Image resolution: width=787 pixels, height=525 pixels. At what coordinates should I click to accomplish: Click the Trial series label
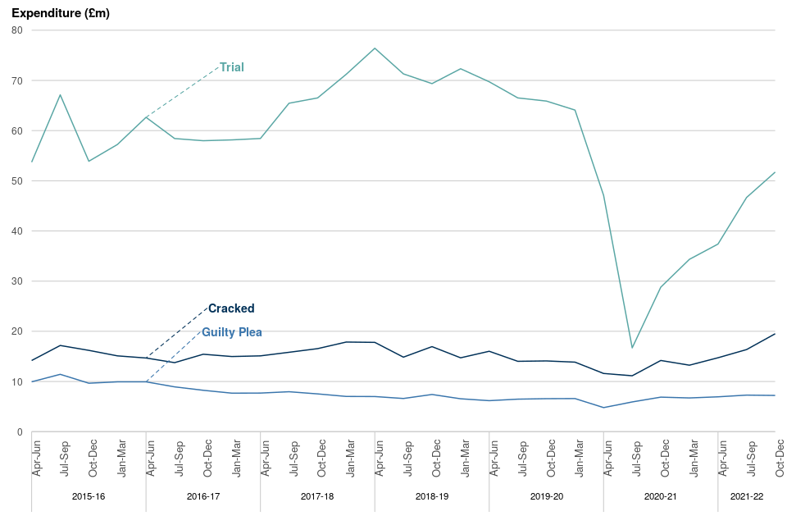point(232,67)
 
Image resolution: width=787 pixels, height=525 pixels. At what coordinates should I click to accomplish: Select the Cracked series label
point(231,308)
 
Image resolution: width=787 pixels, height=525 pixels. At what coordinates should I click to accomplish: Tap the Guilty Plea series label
point(232,332)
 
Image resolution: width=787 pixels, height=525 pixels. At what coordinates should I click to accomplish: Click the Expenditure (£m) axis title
point(61,14)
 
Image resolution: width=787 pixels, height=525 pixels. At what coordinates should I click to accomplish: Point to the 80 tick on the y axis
point(17,30)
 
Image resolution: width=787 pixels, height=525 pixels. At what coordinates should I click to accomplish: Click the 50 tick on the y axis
point(17,181)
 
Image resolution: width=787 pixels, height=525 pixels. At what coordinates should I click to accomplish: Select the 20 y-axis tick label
point(17,331)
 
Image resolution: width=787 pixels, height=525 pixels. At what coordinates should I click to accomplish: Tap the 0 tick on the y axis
point(20,432)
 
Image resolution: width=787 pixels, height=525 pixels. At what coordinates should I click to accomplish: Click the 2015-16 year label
point(89,496)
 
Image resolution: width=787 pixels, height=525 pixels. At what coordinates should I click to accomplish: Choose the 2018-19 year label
point(432,496)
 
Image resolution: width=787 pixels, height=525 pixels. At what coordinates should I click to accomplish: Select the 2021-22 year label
point(747,496)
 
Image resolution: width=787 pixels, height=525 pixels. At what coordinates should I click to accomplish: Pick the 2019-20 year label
point(547,496)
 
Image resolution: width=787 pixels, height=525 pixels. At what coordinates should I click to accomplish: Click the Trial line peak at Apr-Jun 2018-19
point(375,48)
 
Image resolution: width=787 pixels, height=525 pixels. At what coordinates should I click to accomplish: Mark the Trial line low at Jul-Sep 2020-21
point(632,348)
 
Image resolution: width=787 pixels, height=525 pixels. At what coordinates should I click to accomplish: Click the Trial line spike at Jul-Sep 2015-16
point(60,95)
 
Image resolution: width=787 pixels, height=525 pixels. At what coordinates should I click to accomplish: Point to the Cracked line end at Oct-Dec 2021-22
point(775,334)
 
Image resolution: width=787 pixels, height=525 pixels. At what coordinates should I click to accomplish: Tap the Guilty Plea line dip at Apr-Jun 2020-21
point(603,408)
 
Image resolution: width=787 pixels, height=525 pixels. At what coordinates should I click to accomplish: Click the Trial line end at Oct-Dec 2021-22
point(775,172)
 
